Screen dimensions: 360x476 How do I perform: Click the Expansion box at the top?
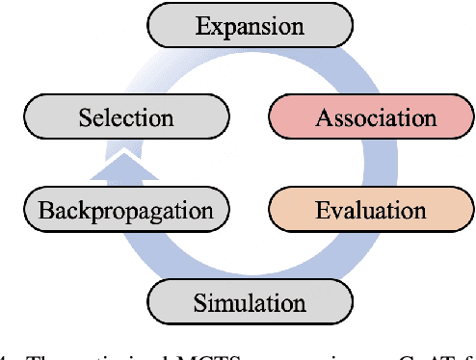[251, 27]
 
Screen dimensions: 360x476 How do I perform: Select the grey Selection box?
[126, 118]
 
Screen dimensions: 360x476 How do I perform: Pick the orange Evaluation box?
[371, 209]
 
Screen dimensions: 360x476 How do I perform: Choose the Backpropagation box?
[126, 209]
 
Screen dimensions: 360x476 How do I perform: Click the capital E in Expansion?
[201, 26]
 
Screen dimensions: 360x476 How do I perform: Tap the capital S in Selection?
[85, 118]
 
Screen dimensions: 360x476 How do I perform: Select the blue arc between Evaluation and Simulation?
[347, 260]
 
